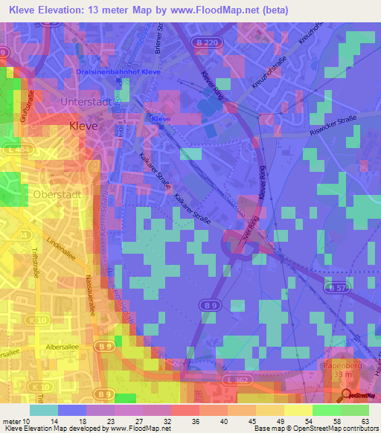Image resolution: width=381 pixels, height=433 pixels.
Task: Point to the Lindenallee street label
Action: click(x=61, y=250)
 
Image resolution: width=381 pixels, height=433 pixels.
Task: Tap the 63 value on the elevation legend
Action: click(x=365, y=422)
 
